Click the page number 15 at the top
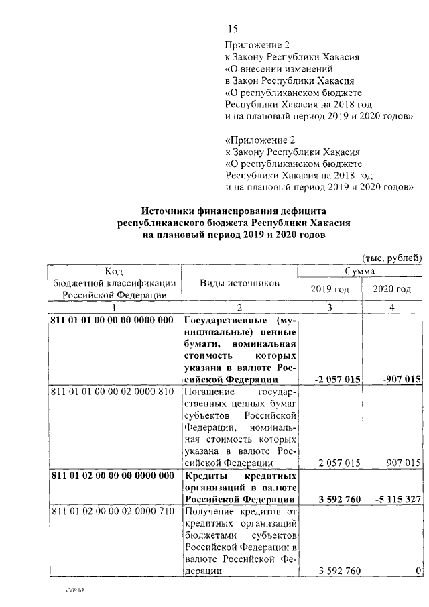coord(233,29)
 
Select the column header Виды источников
coord(239,284)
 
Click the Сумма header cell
coord(359,271)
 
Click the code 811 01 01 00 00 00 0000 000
coord(112,320)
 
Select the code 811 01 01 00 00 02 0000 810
coord(112,391)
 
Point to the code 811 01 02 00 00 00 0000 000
coord(112,476)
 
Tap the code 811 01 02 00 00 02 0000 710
coord(112,512)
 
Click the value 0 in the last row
coord(418,571)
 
